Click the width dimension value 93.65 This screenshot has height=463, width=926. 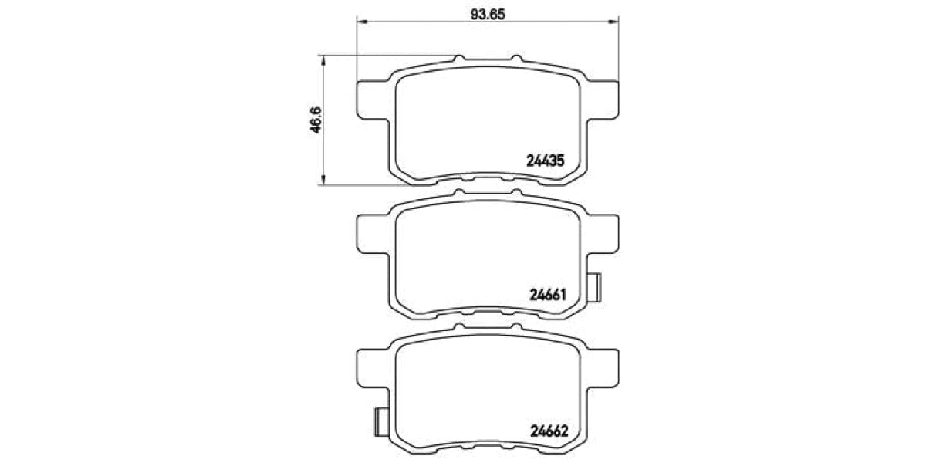[x=488, y=13]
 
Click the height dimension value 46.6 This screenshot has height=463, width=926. [x=315, y=120]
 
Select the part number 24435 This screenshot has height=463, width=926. [x=546, y=161]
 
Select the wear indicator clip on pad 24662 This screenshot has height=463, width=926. [x=380, y=421]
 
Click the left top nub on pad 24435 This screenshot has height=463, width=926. [x=459, y=59]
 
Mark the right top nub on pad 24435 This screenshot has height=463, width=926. [x=515, y=59]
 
